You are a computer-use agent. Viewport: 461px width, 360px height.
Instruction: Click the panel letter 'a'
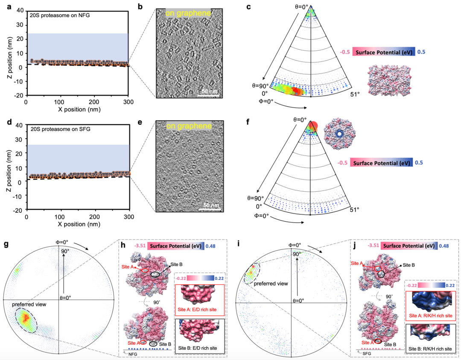(x=9, y=6)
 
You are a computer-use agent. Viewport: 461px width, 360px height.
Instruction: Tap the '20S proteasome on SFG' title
(x=60, y=129)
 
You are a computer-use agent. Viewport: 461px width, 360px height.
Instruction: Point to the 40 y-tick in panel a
(x=20, y=11)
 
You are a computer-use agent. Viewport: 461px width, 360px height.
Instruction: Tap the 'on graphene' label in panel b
(x=188, y=13)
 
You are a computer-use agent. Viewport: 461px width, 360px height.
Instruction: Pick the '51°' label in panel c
(x=355, y=94)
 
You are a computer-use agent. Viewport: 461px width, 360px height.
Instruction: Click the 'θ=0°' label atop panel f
(x=300, y=120)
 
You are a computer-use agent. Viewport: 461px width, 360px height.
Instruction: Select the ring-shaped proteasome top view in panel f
(x=340, y=134)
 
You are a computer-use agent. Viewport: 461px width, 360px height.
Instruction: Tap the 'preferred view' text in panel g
(x=29, y=304)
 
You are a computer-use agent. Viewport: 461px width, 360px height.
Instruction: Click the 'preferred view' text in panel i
(x=271, y=284)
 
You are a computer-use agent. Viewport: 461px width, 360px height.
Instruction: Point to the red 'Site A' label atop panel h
(x=128, y=267)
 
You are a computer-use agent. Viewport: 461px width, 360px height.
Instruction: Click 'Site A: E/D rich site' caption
(x=197, y=310)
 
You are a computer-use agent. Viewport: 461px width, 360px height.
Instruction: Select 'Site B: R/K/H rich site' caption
(x=430, y=349)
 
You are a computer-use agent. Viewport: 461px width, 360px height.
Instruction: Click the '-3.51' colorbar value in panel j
(x=373, y=245)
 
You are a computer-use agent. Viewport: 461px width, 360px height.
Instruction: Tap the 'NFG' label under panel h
(x=133, y=354)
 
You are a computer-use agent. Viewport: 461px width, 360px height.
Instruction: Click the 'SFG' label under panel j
(x=367, y=353)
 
